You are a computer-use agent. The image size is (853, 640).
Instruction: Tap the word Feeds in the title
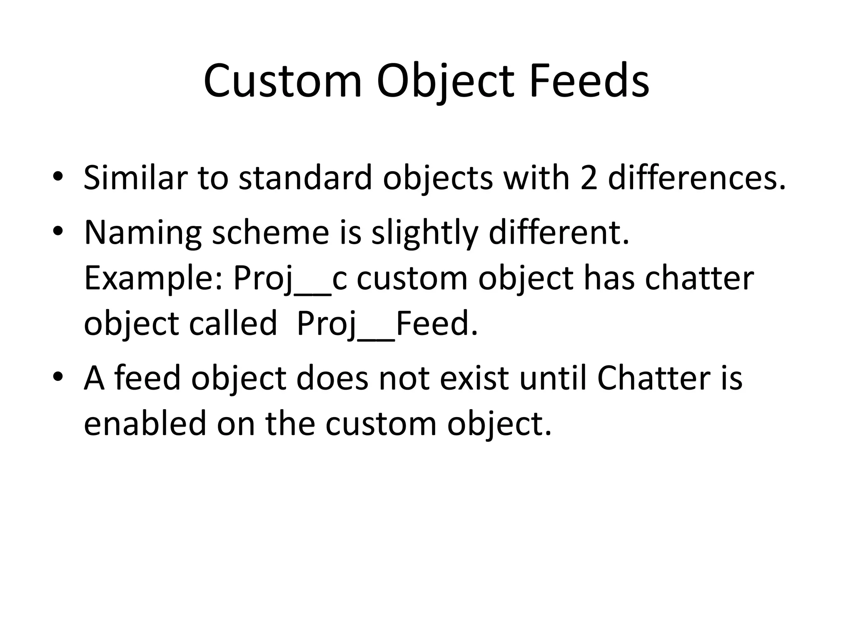coord(589,81)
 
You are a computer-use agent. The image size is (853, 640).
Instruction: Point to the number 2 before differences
coord(589,178)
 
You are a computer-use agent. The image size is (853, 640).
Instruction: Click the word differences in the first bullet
coord(697,178)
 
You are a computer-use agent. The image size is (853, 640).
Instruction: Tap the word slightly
coord(424,233)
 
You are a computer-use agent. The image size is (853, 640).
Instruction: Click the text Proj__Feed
coord(387,324)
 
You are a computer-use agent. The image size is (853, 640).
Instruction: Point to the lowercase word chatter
coord(699,278)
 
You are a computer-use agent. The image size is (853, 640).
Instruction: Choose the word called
coord(233,324)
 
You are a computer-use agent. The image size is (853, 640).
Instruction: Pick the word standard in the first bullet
coord(305,178)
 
